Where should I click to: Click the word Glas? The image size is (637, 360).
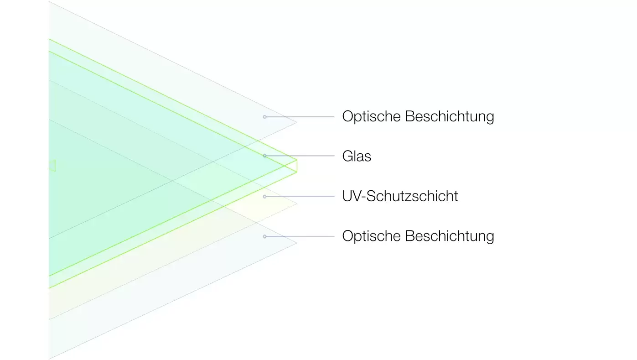coord(357,156)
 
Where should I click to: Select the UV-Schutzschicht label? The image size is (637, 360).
coord(400,196)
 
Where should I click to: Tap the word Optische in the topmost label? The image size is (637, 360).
coord(372,116)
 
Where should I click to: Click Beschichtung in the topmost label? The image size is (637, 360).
coord(450,117)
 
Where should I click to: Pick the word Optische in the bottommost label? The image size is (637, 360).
coord(372,236)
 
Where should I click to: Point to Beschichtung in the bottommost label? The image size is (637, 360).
coord(450,236)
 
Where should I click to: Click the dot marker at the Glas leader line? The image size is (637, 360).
coord(265,156)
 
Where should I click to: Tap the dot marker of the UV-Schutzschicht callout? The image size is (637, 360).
coord(265,197)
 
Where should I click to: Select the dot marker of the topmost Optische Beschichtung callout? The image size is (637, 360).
coord(265,117)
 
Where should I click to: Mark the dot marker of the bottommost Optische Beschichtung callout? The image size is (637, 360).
coord(265,236)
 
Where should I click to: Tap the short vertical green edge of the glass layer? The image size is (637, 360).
coord(297,166)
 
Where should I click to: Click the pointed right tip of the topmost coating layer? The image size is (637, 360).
coord(297,123)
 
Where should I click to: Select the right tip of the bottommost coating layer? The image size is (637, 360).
coord(297,243)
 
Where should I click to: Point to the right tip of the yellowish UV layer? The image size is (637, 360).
coord(297,203)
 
